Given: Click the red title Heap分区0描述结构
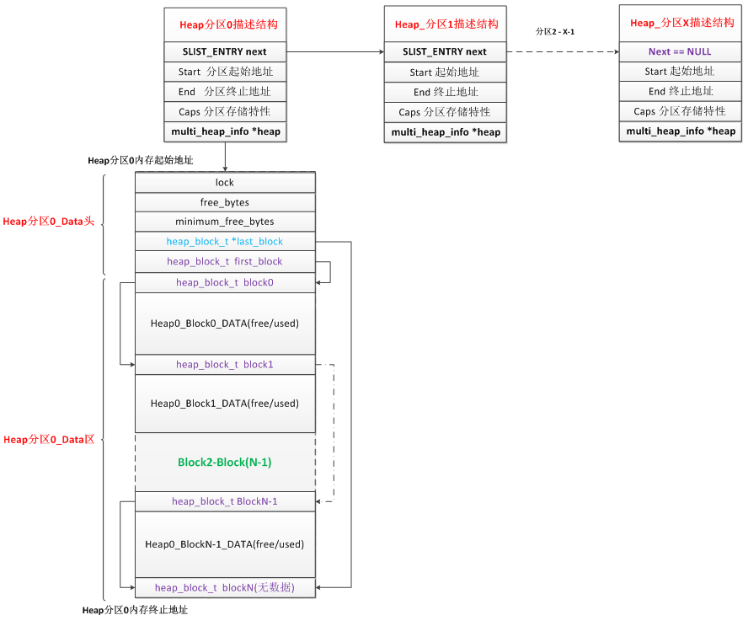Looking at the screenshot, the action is coord(228,24).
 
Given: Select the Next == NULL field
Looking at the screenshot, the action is coord(681,51).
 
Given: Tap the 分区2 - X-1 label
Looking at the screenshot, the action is coord(555,32).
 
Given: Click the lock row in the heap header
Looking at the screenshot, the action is coord(225,182).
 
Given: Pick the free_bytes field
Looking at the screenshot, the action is coord(225,202).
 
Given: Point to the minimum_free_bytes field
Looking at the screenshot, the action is coord(225,222).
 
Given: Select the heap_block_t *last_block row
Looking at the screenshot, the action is coord(225,242).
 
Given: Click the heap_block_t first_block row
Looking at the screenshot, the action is coord(225,262).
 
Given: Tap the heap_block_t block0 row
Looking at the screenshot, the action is coord(225,282).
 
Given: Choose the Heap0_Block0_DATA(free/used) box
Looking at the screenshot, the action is coord(225,324).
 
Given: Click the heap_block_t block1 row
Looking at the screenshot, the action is coord(225,365).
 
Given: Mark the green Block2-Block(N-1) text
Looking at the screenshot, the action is coord(225,463).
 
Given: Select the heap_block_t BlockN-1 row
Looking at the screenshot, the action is coord(225,501).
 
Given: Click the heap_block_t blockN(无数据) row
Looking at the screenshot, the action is coord(225,588).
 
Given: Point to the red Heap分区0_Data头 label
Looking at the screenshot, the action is coord(49,222).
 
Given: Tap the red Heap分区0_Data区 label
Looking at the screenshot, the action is coord(49,440).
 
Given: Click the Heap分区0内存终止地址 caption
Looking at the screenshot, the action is coord(135,610).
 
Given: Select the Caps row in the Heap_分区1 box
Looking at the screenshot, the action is coord(445,112).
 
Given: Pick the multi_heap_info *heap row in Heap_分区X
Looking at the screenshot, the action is coord(681,131).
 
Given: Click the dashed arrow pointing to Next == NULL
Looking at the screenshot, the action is coord(563,51).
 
